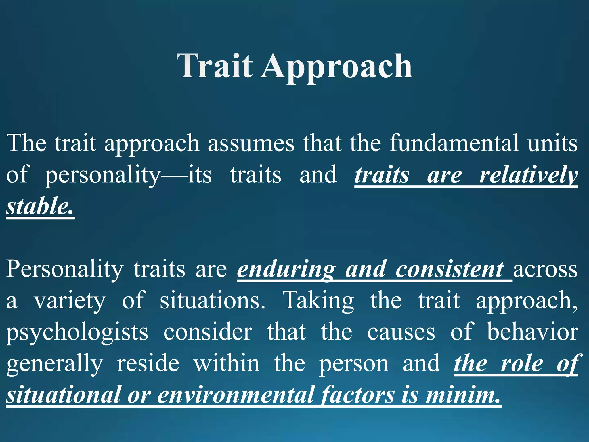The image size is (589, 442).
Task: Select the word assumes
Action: tap(251, 143)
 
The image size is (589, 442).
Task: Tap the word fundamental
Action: tap(454, 143)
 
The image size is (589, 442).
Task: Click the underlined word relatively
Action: tap(528, 175)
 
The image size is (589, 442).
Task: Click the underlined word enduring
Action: tap(286, 269)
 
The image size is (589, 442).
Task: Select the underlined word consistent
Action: tap(450, 269)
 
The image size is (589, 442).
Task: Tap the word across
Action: tap(545, 269)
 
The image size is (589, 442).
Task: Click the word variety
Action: tap(70, 301)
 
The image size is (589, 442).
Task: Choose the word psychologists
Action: tap(77, 333)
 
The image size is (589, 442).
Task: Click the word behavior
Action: tap(532, 332)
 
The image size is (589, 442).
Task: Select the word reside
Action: tap(148, 363)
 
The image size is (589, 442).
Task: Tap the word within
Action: tap(227, 363)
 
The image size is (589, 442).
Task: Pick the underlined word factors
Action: tap(358, 395)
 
